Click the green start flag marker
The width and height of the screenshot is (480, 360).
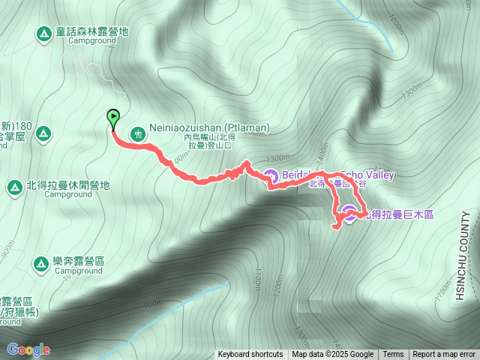point(113,118)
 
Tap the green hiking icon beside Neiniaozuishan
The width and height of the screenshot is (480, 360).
point(138,134)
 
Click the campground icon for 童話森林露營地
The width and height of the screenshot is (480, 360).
point(44,33)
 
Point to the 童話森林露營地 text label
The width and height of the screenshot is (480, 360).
point(91,32)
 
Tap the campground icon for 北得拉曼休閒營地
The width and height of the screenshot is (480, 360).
point(14,186)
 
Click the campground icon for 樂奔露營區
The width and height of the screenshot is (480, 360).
point(42,262)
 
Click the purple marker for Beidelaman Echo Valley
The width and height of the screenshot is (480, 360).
point(271,177)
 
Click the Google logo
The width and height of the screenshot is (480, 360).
point(28,349)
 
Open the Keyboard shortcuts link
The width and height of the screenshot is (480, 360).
point(250,355)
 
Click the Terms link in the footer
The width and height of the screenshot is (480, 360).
point(393,355)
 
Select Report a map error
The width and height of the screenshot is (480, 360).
point(444,355)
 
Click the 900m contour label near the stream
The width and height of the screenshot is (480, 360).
point(152,304)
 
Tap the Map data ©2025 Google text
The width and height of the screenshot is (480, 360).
point(332,355)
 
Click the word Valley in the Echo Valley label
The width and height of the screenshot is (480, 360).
point(379,175)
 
